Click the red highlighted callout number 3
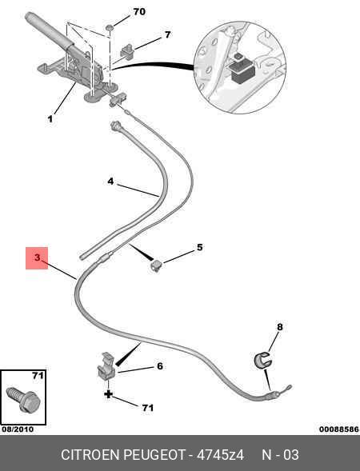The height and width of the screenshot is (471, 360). [37, 257]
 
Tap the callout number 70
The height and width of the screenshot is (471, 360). [139, 12]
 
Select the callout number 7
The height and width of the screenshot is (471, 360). [167, 35]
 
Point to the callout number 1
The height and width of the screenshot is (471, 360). [50, 119]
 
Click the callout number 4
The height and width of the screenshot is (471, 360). [110, 182]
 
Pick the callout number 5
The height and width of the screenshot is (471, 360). [199, 247]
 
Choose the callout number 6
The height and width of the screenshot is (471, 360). [160, 366]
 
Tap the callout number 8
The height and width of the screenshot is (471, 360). [280, 326]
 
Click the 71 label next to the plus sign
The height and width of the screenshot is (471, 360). [147, 408]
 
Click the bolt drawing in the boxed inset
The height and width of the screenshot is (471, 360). [23, 398]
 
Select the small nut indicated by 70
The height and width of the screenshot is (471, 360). [110, 28]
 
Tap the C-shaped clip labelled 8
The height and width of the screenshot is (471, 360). [262, 359]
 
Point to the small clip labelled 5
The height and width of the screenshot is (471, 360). [156, 265]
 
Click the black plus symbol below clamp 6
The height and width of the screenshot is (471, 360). [108, 394]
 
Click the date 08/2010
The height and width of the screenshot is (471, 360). [18, 429]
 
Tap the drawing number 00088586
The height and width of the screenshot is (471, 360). [339, 429]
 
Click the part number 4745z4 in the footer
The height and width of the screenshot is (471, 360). [220, 455]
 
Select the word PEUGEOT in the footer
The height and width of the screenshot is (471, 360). [154, 455]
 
